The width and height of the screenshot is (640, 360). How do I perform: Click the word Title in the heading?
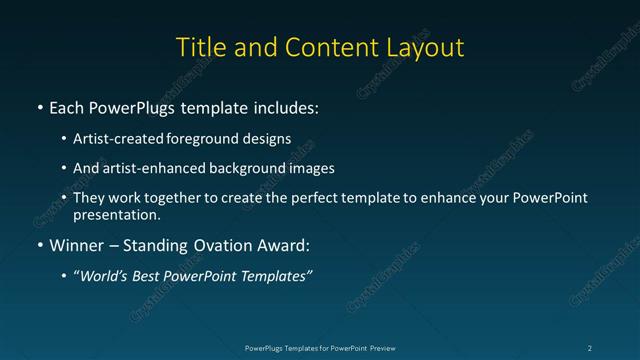200,47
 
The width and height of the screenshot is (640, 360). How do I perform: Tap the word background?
259,168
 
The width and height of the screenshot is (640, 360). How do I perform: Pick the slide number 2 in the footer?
589,347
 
